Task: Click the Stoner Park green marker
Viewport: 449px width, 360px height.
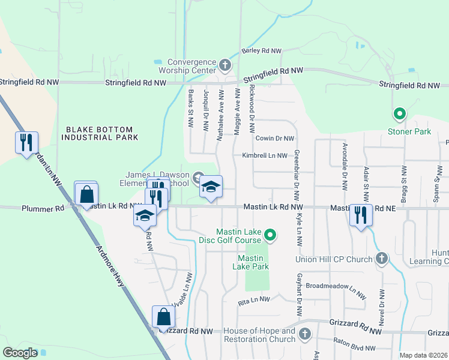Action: click(x=399, y=113)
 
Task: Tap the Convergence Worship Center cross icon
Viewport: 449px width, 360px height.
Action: click(x=225, y=64)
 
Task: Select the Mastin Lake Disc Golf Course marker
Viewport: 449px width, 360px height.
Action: click(x=270, y=235)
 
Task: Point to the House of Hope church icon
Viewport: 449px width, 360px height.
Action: click(x=305, y=333)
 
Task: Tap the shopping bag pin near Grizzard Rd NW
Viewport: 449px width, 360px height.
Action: click(x=163, y=317)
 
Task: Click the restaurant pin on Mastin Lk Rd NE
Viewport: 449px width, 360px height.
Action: click(x=361, y=215)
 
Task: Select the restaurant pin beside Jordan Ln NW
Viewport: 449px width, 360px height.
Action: click(x=26, y=143)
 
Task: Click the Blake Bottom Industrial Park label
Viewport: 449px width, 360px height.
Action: click(x=102, y=133)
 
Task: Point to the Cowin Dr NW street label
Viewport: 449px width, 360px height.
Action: click(x=274, y=139)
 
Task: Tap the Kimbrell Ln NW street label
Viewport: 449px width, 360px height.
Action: click(x=265, y=155)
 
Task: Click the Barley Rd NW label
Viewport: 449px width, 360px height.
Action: click(x=262, y=51)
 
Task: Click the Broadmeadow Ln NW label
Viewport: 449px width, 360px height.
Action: click(x=336, y=287)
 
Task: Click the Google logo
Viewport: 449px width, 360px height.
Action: click(x=20, y=353)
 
